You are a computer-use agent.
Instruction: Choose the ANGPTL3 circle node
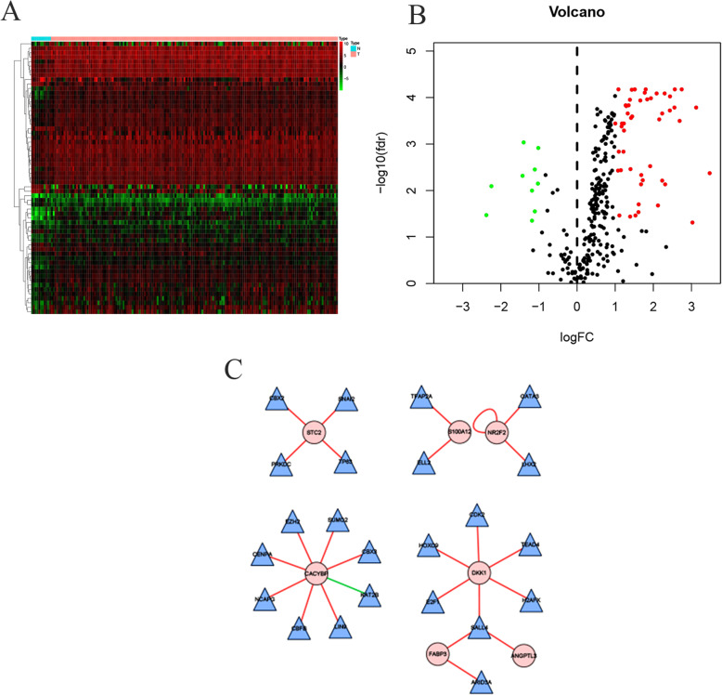coord(523,654)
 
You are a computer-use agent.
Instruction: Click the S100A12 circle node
coord(458,432)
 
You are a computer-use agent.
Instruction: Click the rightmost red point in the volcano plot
coord(709,173)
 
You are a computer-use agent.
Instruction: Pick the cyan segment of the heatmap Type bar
coord(41,38)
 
